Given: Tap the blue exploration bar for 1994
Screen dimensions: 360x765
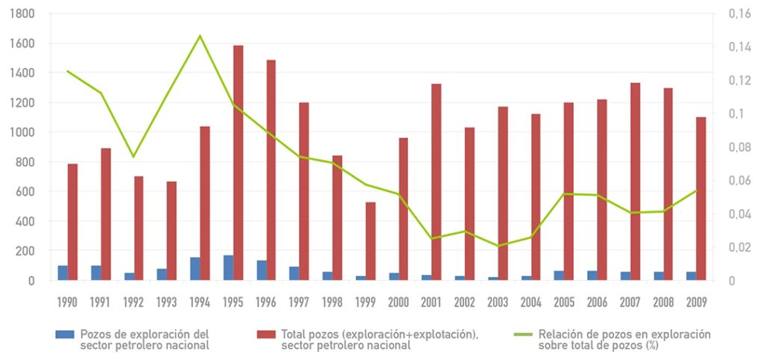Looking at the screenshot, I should click(x=195, y=269).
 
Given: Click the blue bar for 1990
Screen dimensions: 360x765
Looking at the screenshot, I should click(x=63, y=273).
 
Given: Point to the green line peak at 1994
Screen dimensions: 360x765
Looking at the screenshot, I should click(x=200, y=36).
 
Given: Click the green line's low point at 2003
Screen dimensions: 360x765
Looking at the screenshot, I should click(x=498, y=246).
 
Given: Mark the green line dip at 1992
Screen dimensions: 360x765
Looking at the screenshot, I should click(x=134, y=157).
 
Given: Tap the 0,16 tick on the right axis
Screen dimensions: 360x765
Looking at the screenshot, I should click(x=739, y=13).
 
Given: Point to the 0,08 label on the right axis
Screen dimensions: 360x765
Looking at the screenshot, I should click(x=739, y=147).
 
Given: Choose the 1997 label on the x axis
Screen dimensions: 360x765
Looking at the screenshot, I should click(x=299, y=302).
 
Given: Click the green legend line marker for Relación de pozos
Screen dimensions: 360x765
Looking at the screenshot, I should click(x=524, y=334).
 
